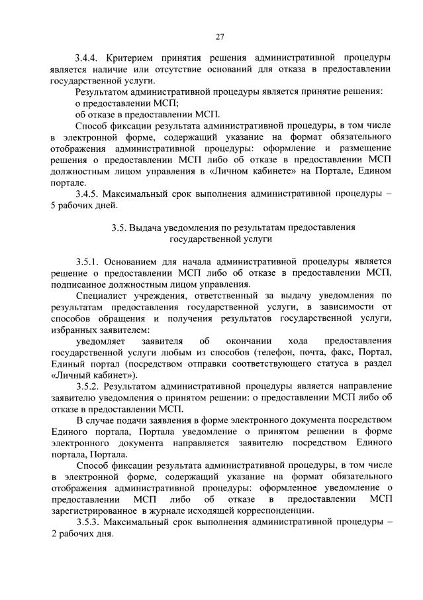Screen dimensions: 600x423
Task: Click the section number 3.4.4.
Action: [90, 58]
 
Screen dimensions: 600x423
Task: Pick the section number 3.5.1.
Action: [90, 261]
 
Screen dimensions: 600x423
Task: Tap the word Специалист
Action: [103, 295]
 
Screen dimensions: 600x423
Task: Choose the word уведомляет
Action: [102, 341]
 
